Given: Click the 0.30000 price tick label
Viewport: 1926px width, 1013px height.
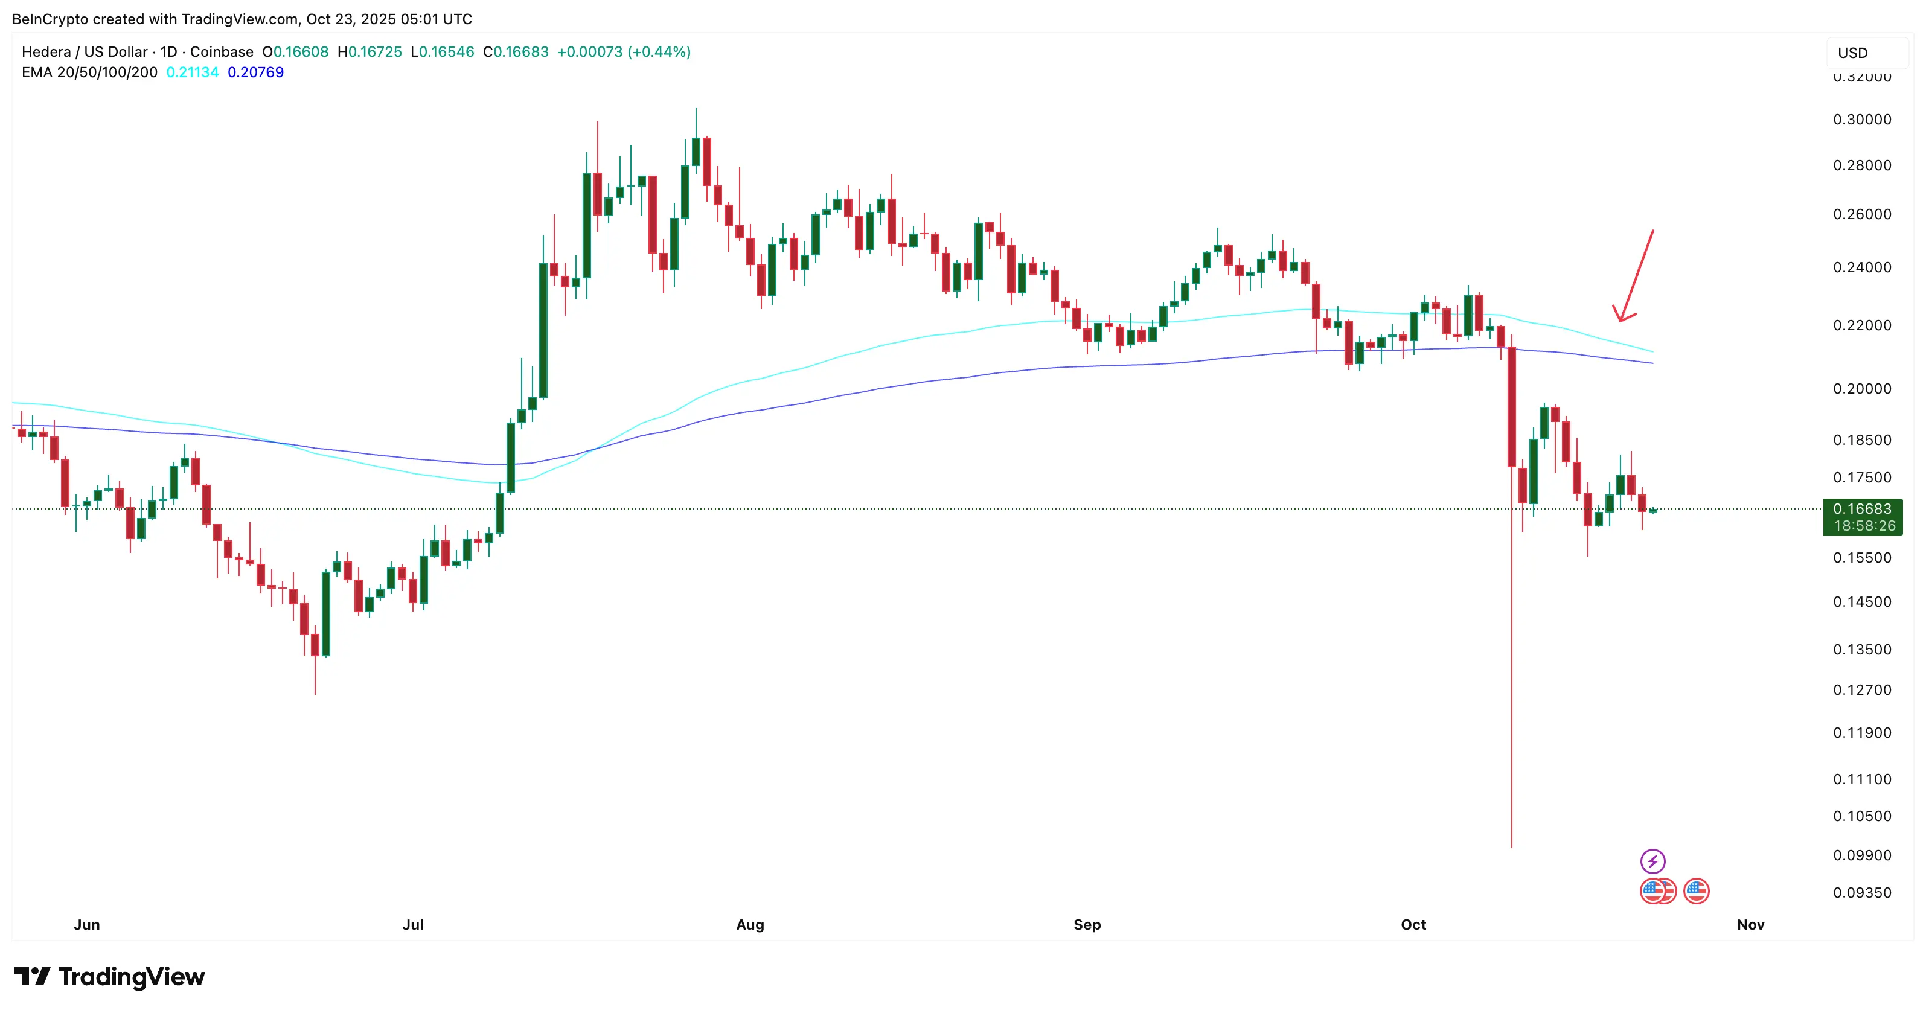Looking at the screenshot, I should point(1862,120).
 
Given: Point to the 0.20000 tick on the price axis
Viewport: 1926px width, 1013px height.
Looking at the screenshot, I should point(1862,389).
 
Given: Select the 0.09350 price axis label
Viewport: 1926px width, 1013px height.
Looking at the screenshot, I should point(1862,893).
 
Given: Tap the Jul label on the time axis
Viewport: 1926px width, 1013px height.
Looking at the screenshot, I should point(413,925).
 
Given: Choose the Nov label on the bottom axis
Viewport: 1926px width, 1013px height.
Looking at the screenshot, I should point(1750,925).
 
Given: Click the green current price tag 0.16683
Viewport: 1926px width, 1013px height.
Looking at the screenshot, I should point(1862,509).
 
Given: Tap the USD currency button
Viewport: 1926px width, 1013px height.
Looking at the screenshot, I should point(1853,53).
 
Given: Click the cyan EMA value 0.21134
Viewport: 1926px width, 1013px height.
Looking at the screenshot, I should point(192,72).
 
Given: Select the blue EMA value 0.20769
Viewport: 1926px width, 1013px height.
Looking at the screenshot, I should point(256,72).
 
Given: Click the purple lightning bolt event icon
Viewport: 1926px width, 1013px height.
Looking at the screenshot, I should point(1652,861).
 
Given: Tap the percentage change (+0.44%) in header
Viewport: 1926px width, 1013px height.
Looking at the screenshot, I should point(659,51).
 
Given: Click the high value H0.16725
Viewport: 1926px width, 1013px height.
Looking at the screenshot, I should point(370,51).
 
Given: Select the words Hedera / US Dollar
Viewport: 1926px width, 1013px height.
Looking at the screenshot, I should point(85,51).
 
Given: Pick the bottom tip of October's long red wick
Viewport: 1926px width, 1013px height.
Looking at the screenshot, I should point(1511,846).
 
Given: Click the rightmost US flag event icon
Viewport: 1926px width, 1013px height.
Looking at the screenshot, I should point(1696,891).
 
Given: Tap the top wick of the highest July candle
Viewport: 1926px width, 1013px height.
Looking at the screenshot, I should point(696,110).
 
